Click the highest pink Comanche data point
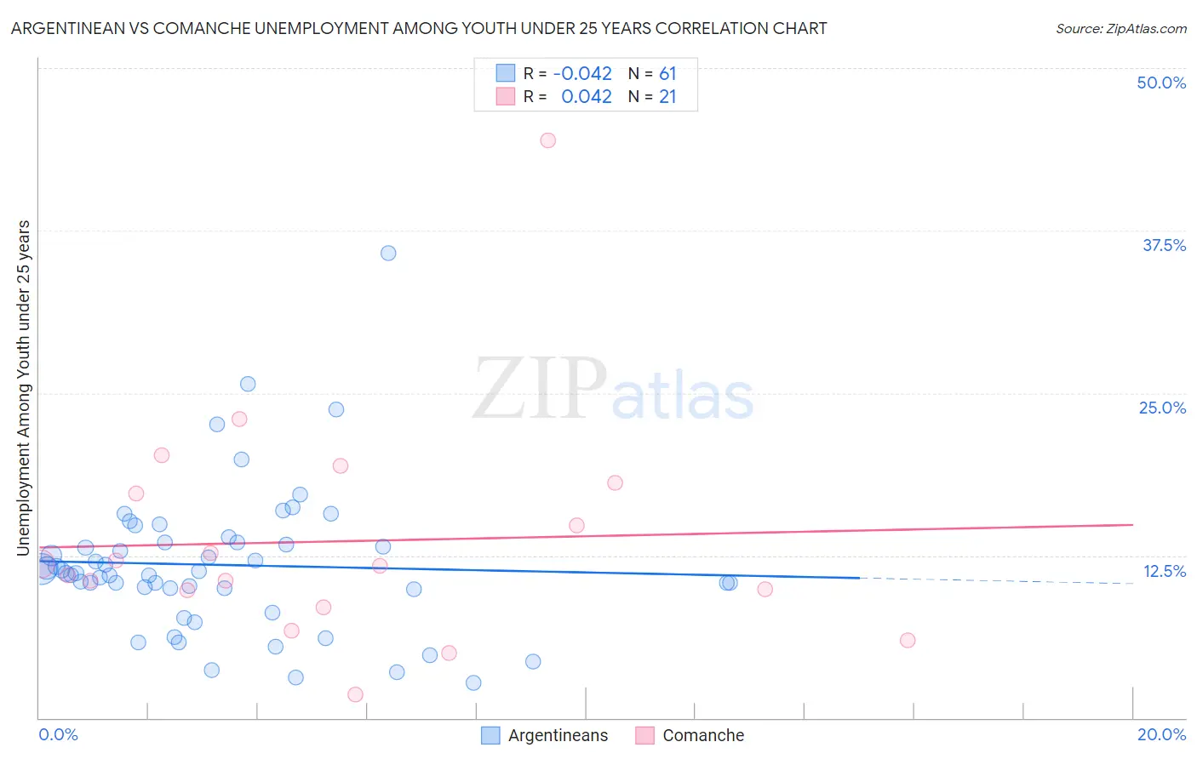(x=547, y=140)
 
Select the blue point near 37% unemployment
(x=388, y=253)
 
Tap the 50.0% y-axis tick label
(x=1161, y=83)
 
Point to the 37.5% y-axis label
(x=1164, y=245)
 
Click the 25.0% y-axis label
(x=1162, y=408)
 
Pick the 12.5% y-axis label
(x=1164, y=571)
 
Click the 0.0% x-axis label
(x=58, y=734)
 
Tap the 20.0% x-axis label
(x=1161, y=734)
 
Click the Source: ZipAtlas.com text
(x=1120, y=28)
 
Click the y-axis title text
(x=23, y=388)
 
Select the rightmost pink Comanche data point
(x=908, y=640)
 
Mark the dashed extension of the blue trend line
(x=996, y=580)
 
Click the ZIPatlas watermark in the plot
(x=613, y=390)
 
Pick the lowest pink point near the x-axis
(x=355, y=694)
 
